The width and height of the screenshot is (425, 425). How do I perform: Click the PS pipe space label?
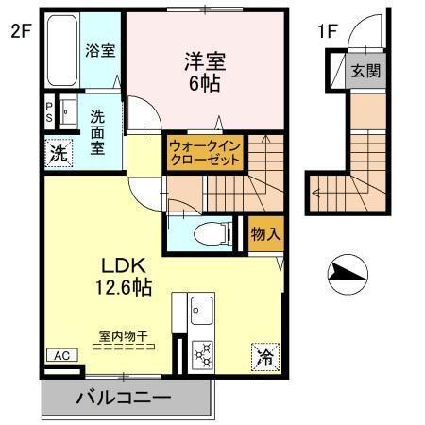48,112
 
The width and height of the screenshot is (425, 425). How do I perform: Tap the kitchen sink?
202,308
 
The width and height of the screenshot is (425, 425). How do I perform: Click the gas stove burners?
202,356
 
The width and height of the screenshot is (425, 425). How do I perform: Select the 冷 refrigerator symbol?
265,357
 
